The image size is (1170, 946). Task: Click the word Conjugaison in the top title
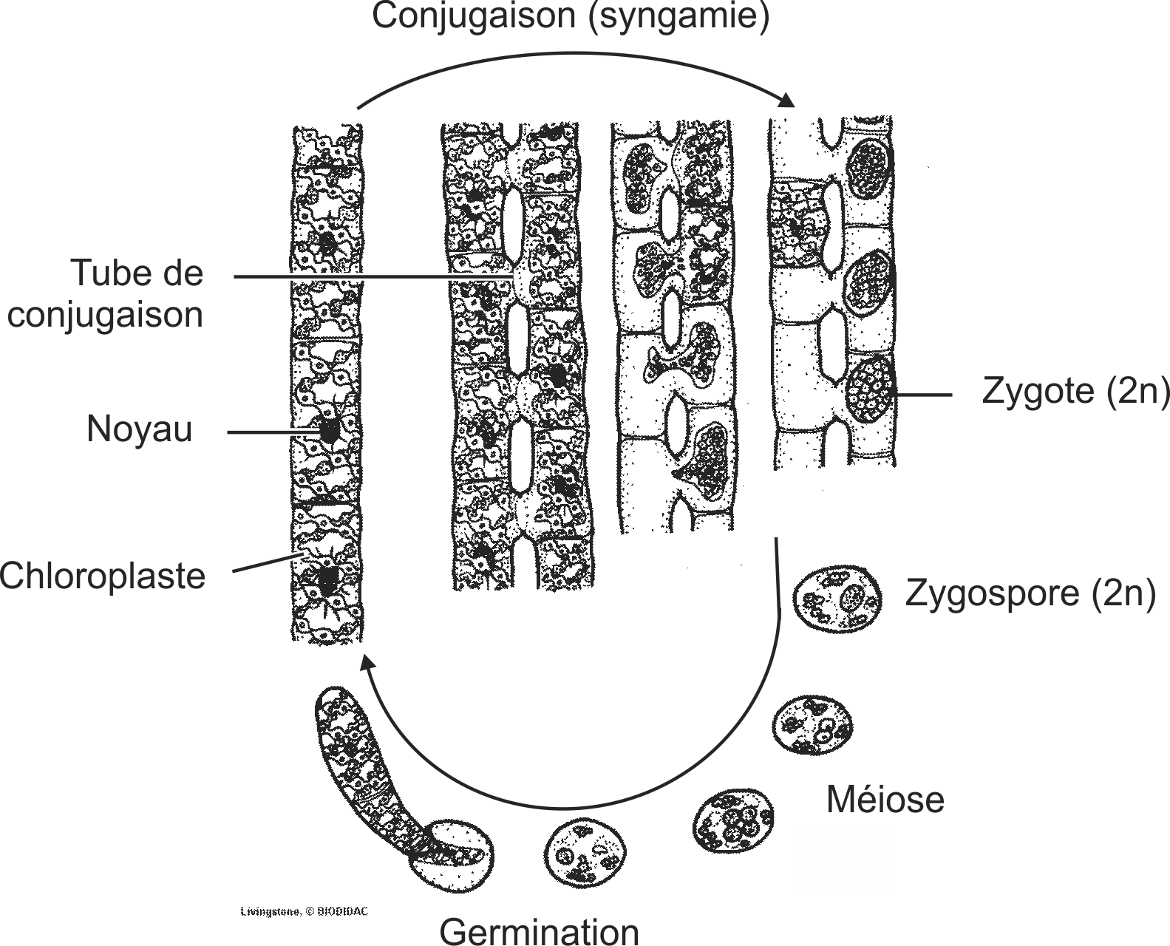point(473,16)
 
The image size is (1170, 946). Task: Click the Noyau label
point(139,429)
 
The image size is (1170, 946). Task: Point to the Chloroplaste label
point(102,575)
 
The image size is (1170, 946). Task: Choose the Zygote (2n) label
point(1075,391)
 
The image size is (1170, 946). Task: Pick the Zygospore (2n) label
point(1030,593)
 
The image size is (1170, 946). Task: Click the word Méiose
point(885,800)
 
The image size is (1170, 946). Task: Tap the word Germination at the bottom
point(539,930)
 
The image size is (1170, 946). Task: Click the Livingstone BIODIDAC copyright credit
point(304,911)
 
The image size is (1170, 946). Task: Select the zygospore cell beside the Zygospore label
point(837,598)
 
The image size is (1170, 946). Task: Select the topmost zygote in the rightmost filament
point(869,169)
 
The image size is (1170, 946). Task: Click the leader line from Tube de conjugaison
point(370,277)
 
